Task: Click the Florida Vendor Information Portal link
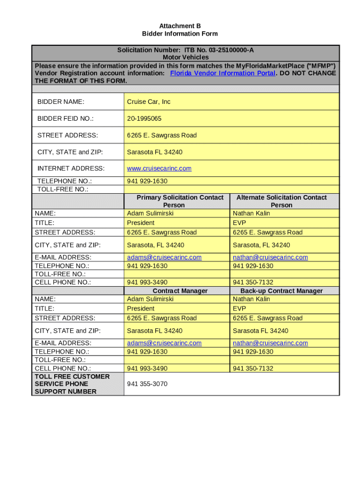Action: [223, 73]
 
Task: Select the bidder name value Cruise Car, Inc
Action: [149, 102]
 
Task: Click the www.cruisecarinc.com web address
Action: [159, 168]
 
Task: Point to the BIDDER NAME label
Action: [61, 102]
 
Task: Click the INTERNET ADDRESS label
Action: [71, 168]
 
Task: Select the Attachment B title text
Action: [180, 26]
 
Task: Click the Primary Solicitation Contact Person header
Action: [180, 201]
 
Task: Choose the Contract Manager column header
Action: [180, 291]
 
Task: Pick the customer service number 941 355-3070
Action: [147, 384]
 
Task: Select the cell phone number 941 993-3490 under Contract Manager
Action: [147, 368]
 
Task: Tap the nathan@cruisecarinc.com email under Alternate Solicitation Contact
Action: [270, 257]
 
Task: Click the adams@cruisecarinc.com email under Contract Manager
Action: [164, 343]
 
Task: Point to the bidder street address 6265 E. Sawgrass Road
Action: [162, 135]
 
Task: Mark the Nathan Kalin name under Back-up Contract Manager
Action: [252, 299]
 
